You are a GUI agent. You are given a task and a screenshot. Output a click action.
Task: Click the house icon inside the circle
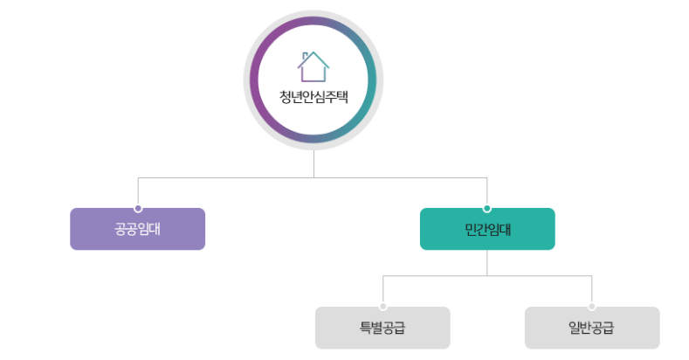313,67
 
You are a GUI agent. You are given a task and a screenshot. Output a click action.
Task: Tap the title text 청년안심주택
313,97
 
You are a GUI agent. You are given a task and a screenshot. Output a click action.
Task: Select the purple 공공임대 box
137,230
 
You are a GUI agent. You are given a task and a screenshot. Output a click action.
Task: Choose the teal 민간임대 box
486,230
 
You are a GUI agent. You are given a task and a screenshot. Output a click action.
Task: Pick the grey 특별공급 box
382,329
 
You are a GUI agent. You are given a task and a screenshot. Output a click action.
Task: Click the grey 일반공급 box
591,329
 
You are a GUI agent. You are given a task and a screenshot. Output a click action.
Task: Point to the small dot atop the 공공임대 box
138,209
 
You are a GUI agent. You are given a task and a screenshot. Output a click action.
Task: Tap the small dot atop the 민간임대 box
486,209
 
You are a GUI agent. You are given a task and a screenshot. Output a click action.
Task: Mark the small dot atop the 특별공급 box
383,307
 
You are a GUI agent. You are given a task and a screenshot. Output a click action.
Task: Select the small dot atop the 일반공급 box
592,307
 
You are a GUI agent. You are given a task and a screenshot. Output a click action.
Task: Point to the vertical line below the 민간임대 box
486,262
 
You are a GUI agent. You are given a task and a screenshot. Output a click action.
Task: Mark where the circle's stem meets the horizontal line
313,178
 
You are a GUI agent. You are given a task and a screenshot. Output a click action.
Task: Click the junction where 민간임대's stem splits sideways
486,276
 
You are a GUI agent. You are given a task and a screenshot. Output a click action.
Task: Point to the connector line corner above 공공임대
138,178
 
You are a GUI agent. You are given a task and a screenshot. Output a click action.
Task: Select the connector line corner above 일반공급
592,276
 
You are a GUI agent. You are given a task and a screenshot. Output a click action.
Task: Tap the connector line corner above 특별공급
383,276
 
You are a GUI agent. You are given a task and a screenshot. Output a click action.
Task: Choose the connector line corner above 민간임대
486,178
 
